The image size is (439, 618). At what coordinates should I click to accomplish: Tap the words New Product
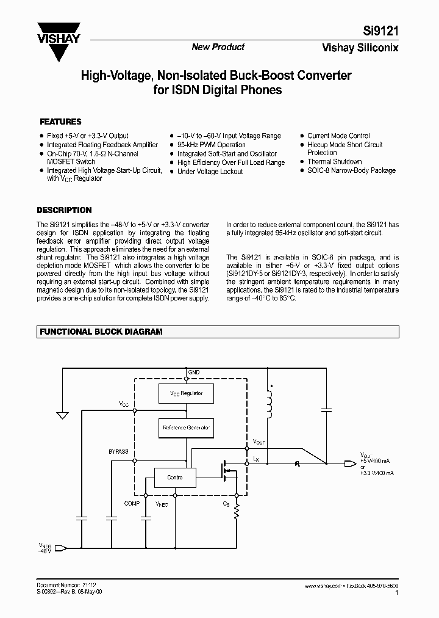218,47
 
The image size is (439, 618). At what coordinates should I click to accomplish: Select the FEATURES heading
60,122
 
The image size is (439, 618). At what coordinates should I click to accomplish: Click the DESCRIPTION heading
64,210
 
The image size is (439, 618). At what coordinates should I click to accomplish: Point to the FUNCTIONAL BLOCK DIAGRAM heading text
101,332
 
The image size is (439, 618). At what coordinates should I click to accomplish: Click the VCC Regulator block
185,393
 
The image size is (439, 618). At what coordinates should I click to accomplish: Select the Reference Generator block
185,428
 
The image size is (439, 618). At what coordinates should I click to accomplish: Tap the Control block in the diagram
175,477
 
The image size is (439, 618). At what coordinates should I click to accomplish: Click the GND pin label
194,373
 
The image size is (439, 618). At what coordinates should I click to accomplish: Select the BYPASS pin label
118,451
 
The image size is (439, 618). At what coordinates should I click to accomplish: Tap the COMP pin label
132,503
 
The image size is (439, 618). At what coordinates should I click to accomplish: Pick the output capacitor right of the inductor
327,410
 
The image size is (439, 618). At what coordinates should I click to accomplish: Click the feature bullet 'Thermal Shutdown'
334,162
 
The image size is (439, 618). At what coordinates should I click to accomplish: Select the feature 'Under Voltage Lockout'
210,172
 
